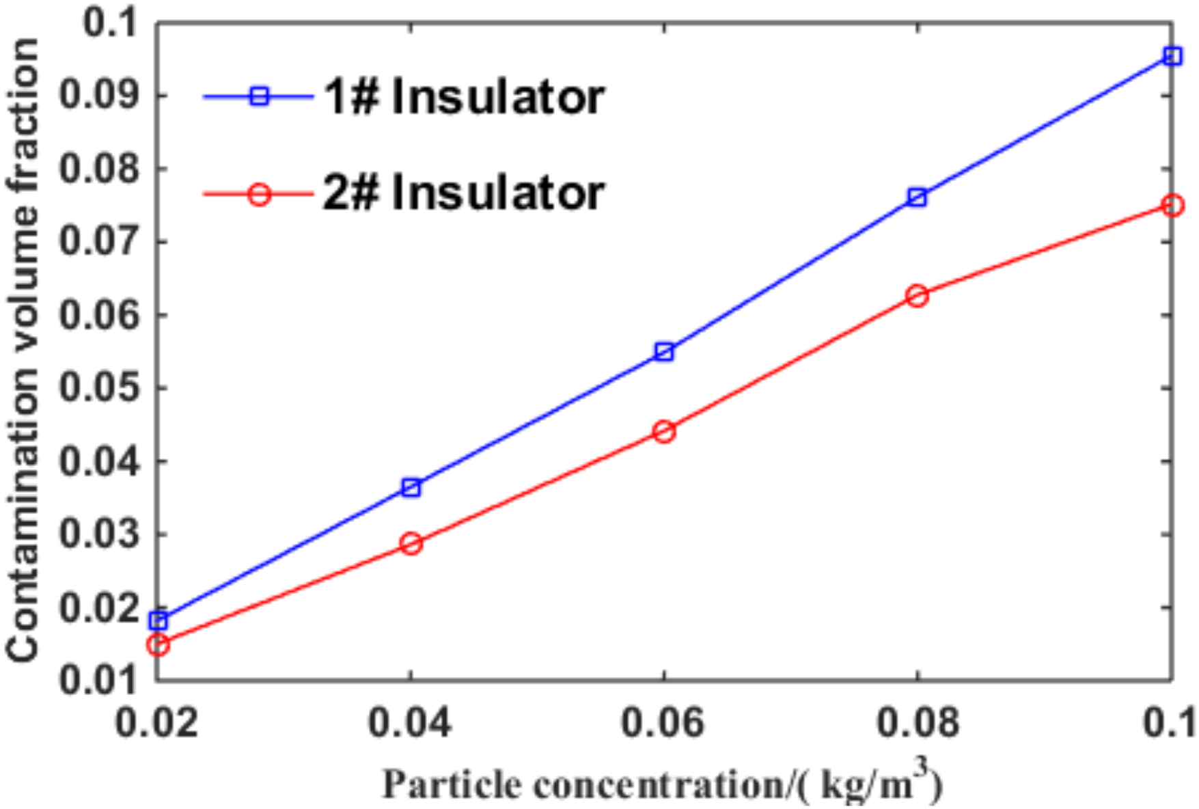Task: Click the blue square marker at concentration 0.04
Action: click(411, 487)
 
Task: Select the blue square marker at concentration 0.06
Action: click(664, 353)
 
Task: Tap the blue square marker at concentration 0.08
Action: click(917, 197)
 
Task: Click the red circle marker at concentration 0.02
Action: click(158, 644)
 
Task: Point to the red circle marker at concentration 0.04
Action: click(411, 544)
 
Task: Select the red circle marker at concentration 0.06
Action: click(664, 432)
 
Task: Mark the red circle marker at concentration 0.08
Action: click(917, 296)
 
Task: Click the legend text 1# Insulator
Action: click(463, 97)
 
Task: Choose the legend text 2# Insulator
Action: click(463, 193)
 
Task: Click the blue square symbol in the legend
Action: click(259, 96)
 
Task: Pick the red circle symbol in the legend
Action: click(259, 195)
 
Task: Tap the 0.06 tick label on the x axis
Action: click(662, 722)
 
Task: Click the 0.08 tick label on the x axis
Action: click(917, 722)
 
